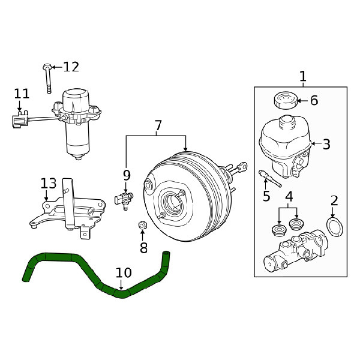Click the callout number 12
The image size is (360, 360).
pyautogui.click(x=71, y=67)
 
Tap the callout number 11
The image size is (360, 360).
pyautogui.click(x=22, y=94)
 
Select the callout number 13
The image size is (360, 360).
pyautogui.click(x=49, y=184)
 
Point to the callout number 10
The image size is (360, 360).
pyautogui.click(x=124, y=273)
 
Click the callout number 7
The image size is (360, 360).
pyautogui.click(x=158, y=125)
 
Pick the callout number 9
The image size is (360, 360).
pyautogui.click(x=127, y=175)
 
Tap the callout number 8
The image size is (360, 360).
pyautogui.click(x=143, y=247)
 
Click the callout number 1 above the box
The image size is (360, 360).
pyautogui.click(x=303, y=76)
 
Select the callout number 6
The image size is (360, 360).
pyautogui.click(x=314, y=100)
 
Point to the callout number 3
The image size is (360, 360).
pyautogui.click(x=326, y=145)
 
